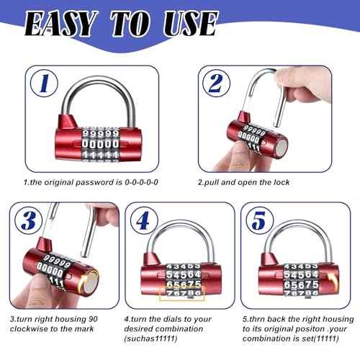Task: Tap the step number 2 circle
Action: coord(214,84)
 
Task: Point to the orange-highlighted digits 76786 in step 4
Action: coord(183,294)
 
